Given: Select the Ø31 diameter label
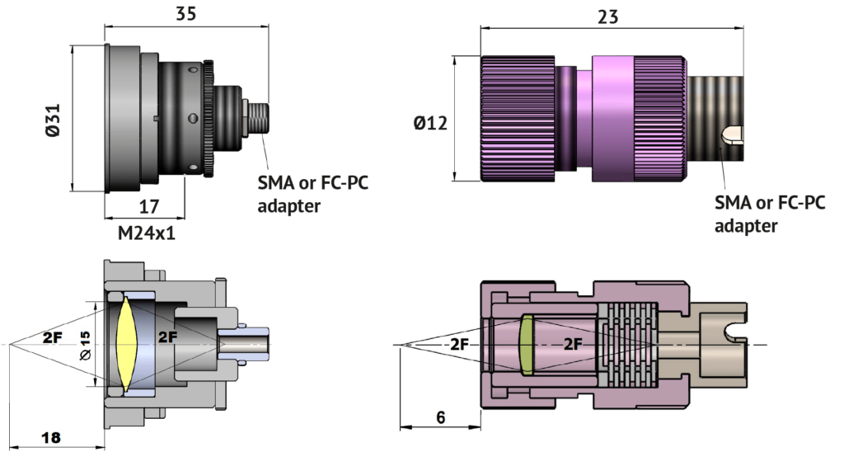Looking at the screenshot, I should click(54, 117).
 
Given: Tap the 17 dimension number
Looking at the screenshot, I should click(150, 206).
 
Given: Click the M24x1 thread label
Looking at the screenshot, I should click(147, 233).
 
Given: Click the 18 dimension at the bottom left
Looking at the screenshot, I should click(50, 438).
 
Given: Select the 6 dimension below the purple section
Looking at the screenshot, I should click(440, 417).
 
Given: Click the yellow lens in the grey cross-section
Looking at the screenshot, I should click(124, 344).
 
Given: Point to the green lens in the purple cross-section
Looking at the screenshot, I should click(527, 344).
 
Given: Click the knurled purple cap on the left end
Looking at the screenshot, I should click(518, 117).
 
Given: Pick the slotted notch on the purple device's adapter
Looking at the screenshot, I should click(732, 134).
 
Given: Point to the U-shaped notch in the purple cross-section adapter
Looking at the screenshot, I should click(733, 332).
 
